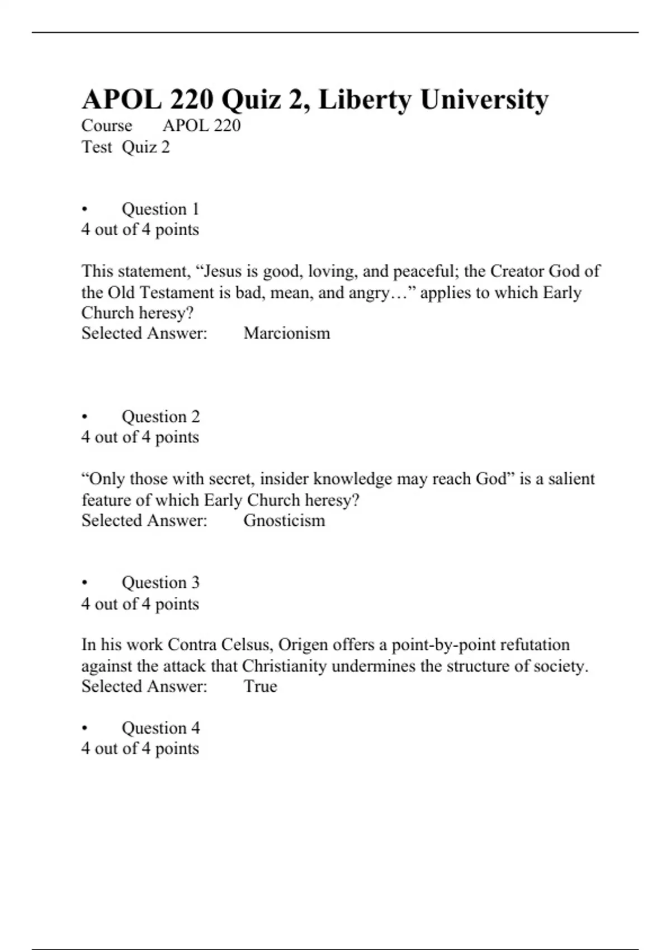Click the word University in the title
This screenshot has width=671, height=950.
click(484, 101)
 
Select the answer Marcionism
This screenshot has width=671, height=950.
click(287, 334)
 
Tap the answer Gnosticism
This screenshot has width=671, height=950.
click(284, 521)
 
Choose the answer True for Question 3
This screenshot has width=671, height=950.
click(260, 686)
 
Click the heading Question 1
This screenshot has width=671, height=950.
click(160, 210)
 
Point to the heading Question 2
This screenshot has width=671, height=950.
click(160, 417)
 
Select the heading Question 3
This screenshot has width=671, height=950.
click(160, 583)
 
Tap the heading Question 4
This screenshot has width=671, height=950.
click(160, 728)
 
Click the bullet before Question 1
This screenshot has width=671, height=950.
click(85, 210)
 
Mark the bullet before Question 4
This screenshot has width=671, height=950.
click(85, 729)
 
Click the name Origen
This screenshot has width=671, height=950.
click(303, 645)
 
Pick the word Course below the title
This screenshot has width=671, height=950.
click(107, 126)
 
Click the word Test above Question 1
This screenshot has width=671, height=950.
click(97, 148)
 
